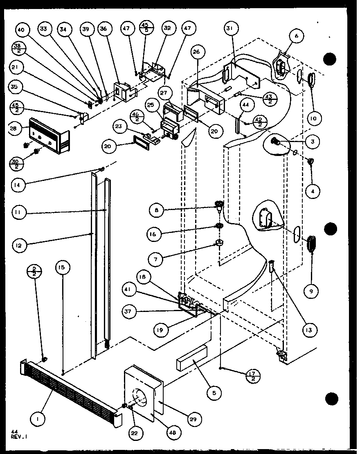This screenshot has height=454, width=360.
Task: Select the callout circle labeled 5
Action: point(214,394)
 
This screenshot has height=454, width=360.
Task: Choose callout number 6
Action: point(297,36)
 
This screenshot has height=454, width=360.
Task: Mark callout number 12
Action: point(19,246)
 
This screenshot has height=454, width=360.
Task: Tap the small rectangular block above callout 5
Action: point(191,357)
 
